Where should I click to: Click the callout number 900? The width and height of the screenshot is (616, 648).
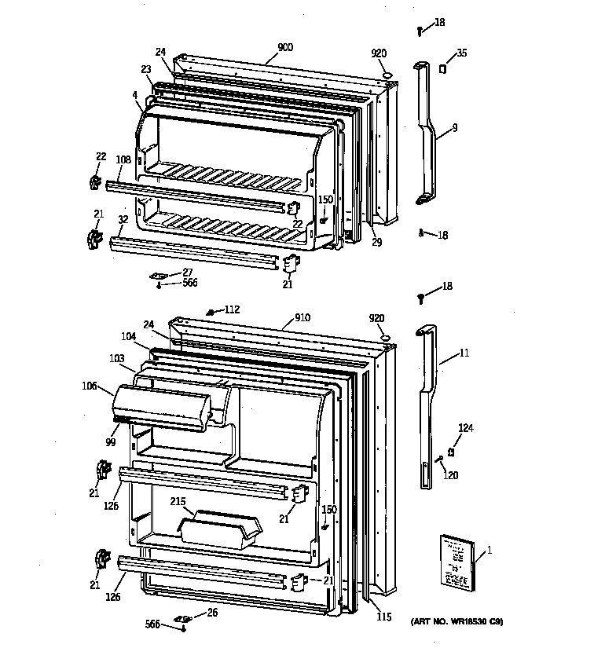[x=284, y=47]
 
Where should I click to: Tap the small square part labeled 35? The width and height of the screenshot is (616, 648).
[x=442, y=69]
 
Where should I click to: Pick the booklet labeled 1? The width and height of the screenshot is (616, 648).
[x=457, y=562]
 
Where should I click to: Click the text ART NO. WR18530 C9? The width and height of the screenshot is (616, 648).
[x=456, y=622]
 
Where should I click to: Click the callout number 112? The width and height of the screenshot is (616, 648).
[x=231, y=309]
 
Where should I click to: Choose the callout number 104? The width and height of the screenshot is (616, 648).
[x=129, y=335]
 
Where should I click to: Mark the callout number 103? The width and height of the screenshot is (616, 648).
[x=115, y=358]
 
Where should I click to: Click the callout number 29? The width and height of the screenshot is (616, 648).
[x=376, y=243]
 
